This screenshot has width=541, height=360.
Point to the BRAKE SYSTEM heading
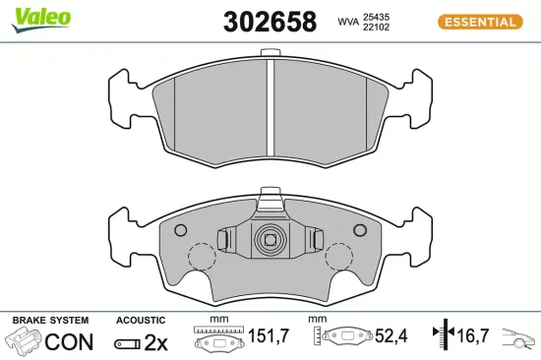pyautogui.click(x=49, y=321)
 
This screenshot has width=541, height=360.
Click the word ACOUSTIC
pyautogui.click(x=140, y=321)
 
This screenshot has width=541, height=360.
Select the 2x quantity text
pyautogui.click(x=156, y=342)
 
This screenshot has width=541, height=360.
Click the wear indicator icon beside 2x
pyautogui.click(x=127, y=343)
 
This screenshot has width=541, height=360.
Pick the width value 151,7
pyautogui.click(x=267, y=337)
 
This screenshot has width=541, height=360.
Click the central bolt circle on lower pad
pyautogui.click(x=270, y=239)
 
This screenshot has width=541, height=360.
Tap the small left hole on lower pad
pyautogui.click(x=179, y=230)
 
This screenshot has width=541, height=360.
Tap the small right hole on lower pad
pyautogui.click(x=360, y=230)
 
